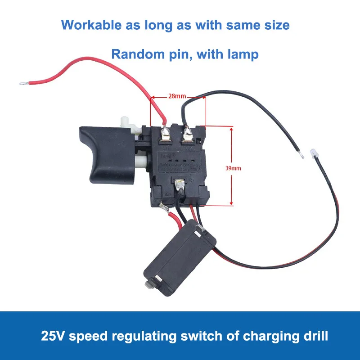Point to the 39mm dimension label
(x=233, y=168)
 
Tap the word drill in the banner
(x=315, y=336)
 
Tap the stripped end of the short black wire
(x=302, y=155)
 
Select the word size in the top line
(x=276, y=25)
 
